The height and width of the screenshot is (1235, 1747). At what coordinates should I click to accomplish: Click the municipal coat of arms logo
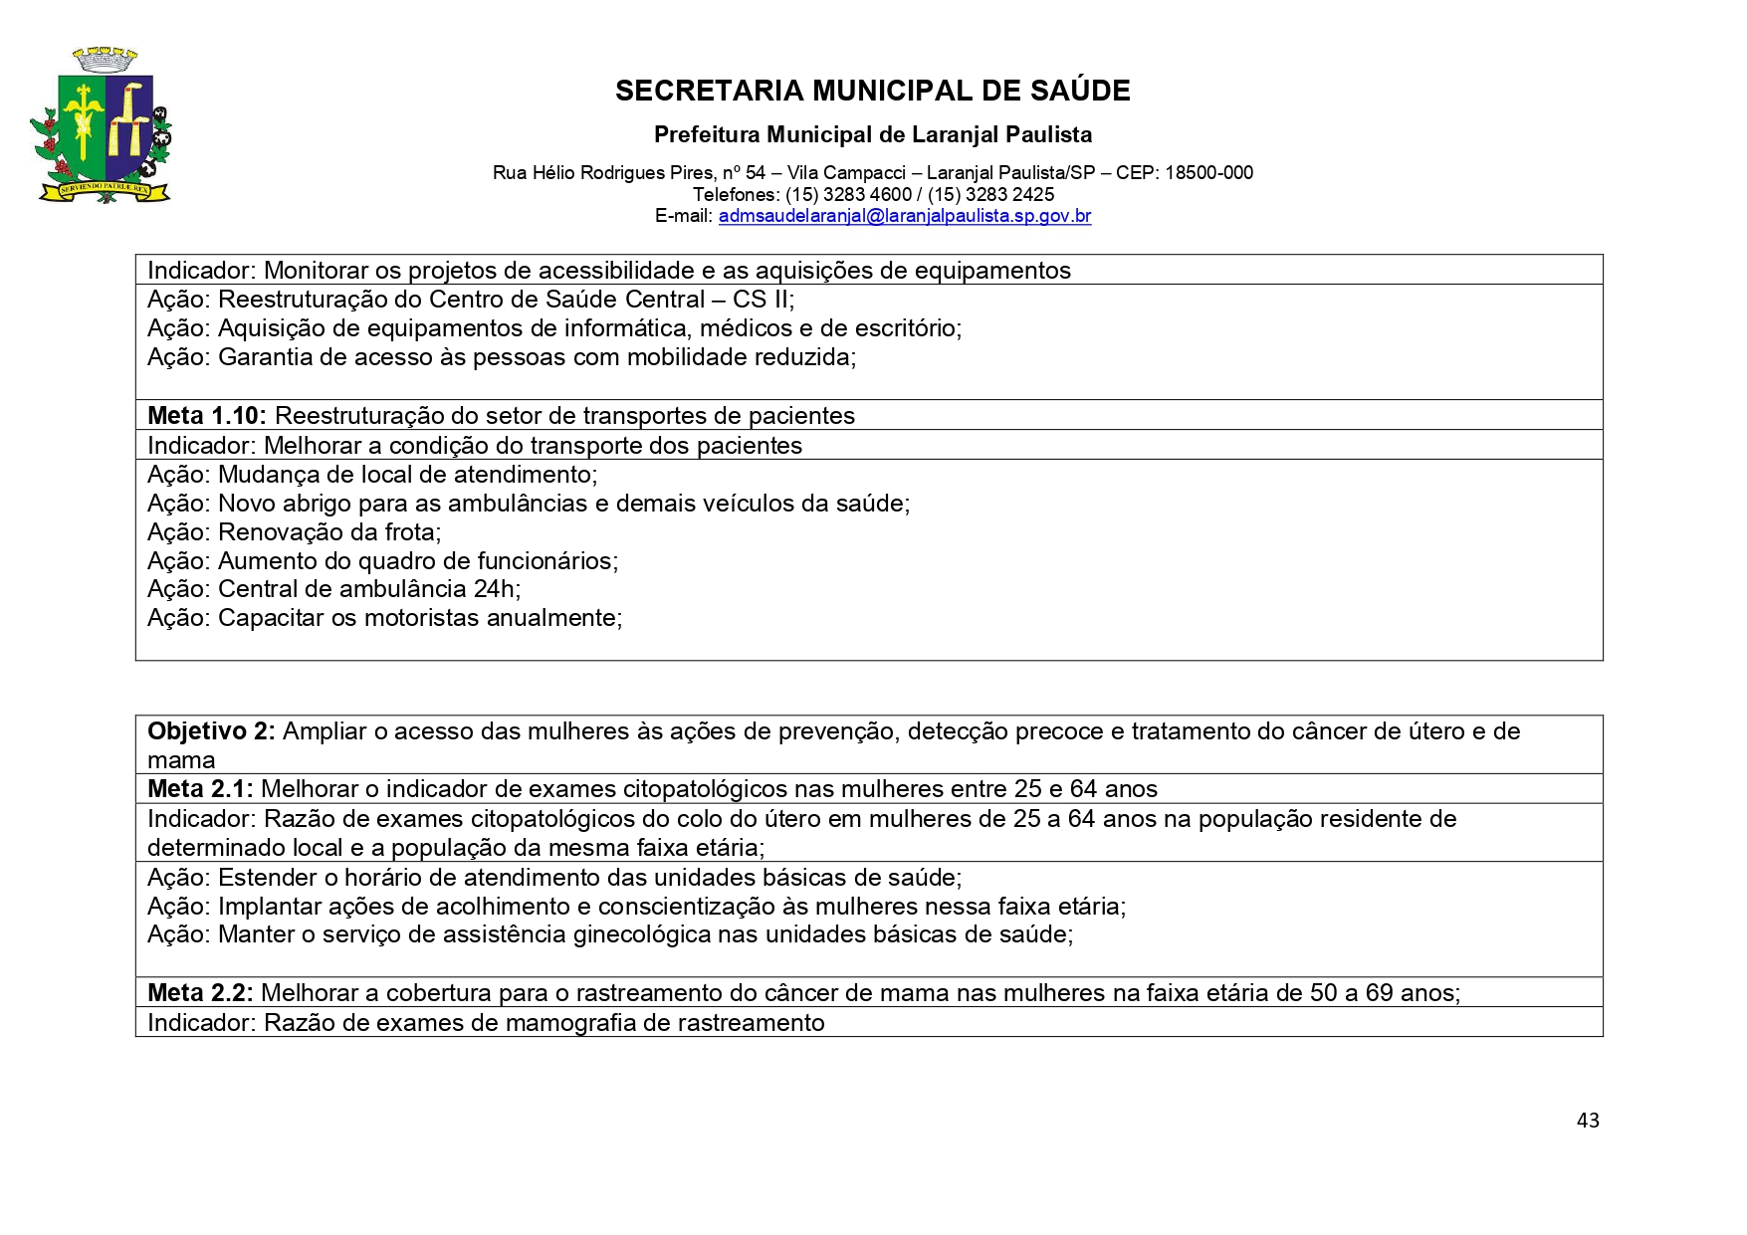[x=101, y=126]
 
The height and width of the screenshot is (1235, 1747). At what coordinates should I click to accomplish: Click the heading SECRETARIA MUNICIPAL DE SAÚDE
[x=872, y=92]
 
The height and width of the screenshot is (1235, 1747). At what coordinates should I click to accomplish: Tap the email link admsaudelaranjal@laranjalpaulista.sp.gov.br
[x=904, y=216]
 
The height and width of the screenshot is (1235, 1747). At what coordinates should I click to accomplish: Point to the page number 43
[x=1588, y=1121]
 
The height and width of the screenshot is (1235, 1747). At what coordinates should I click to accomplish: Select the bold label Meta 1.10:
[x=207, y=416]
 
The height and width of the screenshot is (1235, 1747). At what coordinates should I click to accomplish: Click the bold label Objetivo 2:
[x=211, y=731]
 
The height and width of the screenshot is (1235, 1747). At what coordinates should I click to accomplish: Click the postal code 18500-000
[x=1208, y=173]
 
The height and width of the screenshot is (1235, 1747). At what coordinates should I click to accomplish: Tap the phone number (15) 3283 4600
[x=848, y=195]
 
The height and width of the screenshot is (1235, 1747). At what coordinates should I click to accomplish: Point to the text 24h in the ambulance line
[x=495, y=589]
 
